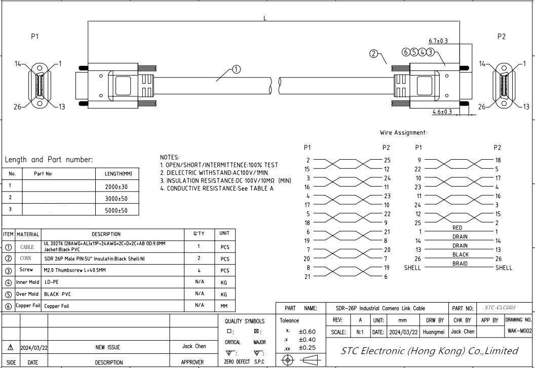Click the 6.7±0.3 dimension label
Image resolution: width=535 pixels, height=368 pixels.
click(438, 41)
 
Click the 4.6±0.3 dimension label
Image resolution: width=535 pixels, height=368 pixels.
click(442, 112)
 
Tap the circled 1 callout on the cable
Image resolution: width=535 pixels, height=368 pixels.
click(237, 69)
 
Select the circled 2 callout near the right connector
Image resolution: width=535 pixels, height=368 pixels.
click(374, 54)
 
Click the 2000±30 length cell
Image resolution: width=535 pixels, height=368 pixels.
click(117, 187)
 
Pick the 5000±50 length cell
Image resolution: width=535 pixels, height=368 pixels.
click(117, 211)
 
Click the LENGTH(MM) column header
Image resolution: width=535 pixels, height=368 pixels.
click(118, 174)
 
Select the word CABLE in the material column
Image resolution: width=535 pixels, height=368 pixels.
click(27, 247)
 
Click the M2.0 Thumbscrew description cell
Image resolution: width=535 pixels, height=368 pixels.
click(74, 270)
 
